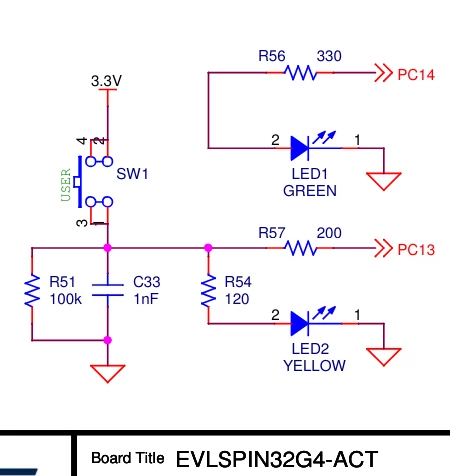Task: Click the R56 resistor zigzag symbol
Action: (300, 73)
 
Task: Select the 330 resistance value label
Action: (329, 56)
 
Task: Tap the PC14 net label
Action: (416, 75)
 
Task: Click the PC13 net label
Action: (416, 250)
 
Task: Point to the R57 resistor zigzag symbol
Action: (300, 248)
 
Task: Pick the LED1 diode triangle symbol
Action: (300, 148)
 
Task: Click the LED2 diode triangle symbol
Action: (300, 323)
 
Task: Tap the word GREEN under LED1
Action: (310, 191)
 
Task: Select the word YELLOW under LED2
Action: (314, 366)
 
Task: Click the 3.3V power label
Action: (107, 81)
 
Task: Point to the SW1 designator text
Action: (132, 174)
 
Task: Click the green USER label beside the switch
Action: (66, 185)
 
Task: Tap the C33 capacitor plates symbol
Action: (108, 290)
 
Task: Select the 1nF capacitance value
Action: (146, 299)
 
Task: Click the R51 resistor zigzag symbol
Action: (32, 290)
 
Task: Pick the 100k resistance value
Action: (66, 299)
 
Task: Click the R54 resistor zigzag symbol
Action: (209, 290)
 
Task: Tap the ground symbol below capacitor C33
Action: (108, 373)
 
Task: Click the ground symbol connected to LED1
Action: (384, 181)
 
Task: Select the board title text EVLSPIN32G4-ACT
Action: (276, 459)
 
